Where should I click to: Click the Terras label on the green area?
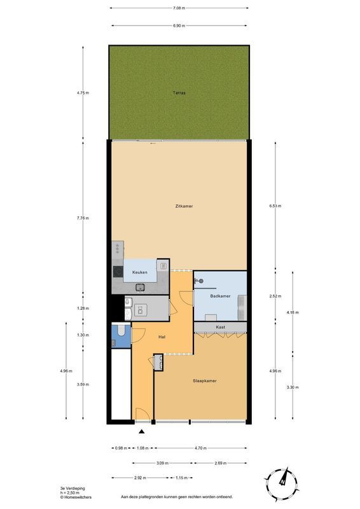(x=179, y=93)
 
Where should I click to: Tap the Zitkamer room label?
(x=184, y=206)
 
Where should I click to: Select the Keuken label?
(x=140, y=272)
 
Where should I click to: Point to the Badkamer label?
(x=220, y=296)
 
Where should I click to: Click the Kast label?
(x=220, y=327)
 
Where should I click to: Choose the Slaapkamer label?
(x=205, y=380)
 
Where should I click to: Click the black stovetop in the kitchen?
(x=118, y=272)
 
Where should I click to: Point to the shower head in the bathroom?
(x=199, y=281)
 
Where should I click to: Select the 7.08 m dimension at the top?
(x=179, y=8)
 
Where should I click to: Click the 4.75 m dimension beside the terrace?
(x=83, y=93)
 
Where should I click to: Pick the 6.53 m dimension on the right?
(x=275, y=206)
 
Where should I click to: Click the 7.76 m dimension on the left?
(x=83, y=218)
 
